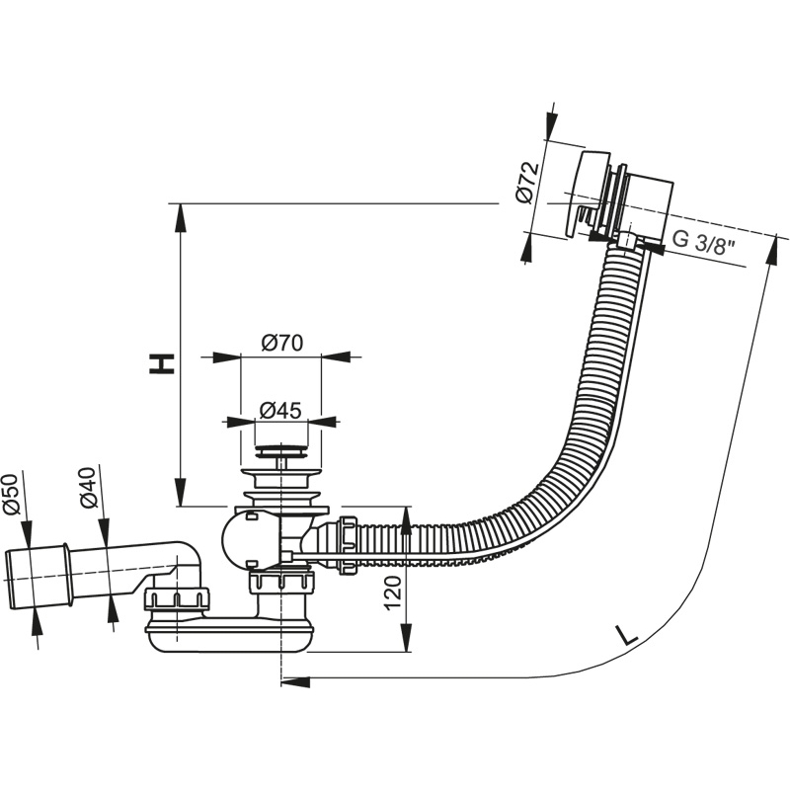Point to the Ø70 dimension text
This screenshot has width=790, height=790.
pyautogui.click(x=281, y=343)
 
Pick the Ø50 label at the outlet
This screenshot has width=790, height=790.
pyautogui.click(x=11, y=494)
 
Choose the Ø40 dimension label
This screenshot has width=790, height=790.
pyautogui.click(x=88, y=487)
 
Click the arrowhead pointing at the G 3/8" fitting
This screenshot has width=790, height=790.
pyautogui.click(x=653, y=246)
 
